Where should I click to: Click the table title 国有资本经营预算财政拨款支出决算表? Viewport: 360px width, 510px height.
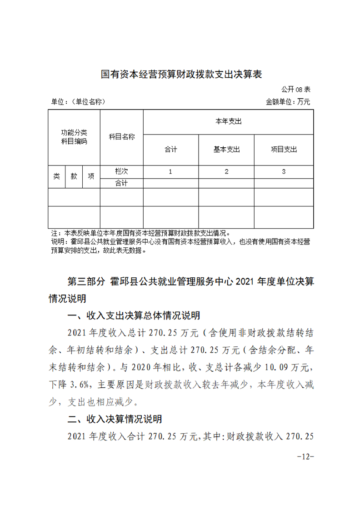pos(181,74)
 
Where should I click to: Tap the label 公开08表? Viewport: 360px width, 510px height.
pos(295,89)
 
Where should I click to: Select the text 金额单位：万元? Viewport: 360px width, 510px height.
pos(288,102)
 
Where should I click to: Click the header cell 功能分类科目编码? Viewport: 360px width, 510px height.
pos(74,137)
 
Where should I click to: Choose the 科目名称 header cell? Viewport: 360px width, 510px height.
pos(121,137)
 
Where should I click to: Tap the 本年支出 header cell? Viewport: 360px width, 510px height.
pos(228,121)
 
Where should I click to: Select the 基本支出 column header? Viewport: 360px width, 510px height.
pos(226,150)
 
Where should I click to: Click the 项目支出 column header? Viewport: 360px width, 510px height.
pos(284,150)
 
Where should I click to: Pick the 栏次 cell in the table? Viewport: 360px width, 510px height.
pos(121,171)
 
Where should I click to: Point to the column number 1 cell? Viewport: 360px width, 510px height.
pos(170,171)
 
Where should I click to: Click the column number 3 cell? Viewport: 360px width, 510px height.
pos(284,171)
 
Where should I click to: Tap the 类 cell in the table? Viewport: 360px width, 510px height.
pos(56,176)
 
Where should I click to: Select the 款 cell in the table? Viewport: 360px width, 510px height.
pos(74,176)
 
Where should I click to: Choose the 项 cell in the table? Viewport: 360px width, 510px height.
pos(91,176)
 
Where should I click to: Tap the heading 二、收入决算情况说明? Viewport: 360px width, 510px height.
pos(115,419)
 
